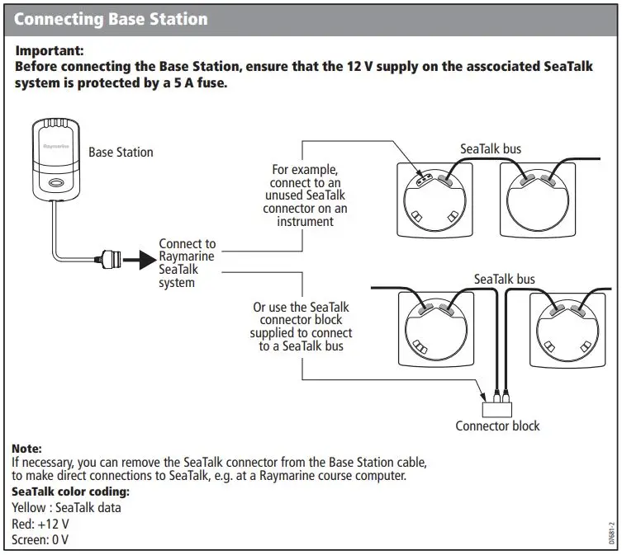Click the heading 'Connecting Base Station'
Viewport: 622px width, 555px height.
(112, 18)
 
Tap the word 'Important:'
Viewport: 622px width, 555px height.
(50, 50)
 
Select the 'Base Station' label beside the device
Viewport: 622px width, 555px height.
(121, 152)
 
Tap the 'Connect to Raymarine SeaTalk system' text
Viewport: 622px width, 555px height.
(187, 263)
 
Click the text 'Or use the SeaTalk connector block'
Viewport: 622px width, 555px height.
(302, 326)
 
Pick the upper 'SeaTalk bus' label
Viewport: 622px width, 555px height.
(491, 149)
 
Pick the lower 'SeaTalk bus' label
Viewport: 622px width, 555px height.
(505, 279)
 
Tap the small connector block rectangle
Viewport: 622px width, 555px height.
(497, 405)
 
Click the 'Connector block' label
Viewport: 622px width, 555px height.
(497, 426)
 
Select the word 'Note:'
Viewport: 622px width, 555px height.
(26, 449)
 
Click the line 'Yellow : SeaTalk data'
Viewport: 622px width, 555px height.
(66, 507)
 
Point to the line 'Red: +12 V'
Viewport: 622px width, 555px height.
(40, 524)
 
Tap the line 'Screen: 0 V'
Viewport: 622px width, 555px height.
(40, 540)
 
